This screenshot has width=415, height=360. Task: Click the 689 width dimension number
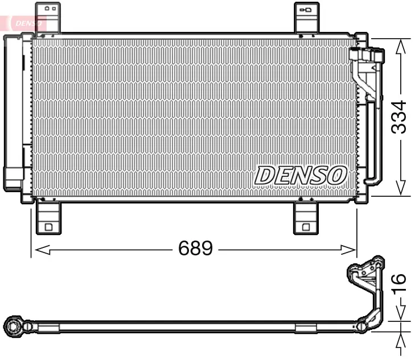tap(195, 249)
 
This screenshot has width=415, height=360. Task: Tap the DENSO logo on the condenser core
tap(301, 175)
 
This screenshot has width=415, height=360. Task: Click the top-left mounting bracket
tap(48, 17)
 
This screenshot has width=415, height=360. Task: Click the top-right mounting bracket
tap(306, 17)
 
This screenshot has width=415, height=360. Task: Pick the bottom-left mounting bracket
tap(48, 217)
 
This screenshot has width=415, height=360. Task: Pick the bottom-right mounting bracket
tap(306, 217)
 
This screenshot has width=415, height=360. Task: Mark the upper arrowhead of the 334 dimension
tap(401, 45)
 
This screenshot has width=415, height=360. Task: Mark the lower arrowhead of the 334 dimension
tap(401, 189)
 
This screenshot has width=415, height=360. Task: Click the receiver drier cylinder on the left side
tap(14, 114)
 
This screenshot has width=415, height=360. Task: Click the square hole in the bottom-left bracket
tap(48, 227)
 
